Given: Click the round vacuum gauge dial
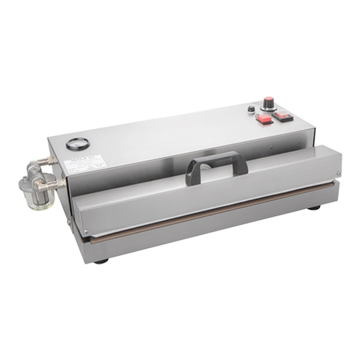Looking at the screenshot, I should tap(73, 145).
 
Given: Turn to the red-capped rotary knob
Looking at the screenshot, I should tap(270, 104).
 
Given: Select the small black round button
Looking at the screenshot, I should tap(252, 109).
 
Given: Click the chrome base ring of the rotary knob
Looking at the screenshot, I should tap(270, 109).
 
